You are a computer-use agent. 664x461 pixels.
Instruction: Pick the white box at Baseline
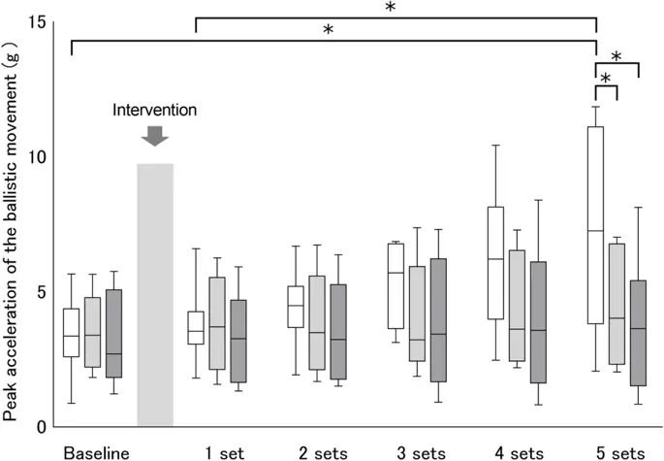tap(71, 333)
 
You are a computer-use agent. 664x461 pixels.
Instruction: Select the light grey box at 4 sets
tap(517, 305)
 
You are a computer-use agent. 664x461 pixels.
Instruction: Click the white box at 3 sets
tap(395, 285)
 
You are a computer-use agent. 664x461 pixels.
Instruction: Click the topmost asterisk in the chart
tap(390, 9)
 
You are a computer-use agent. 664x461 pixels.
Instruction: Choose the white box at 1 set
tap(196, 328)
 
